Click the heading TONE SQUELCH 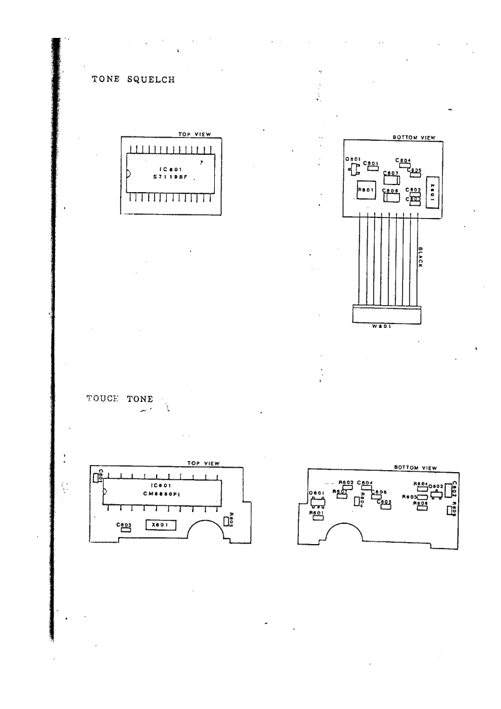click(x=133, y=80)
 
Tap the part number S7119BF click(x=171, y=178)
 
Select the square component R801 click(x=366, y=190)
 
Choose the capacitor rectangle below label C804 click(x=404, y=166)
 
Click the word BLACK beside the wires click(x=420, y=257)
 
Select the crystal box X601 click(x=160, y=524)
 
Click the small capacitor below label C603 click(x=125, y=530)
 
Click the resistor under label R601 click(x=318, y=519)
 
